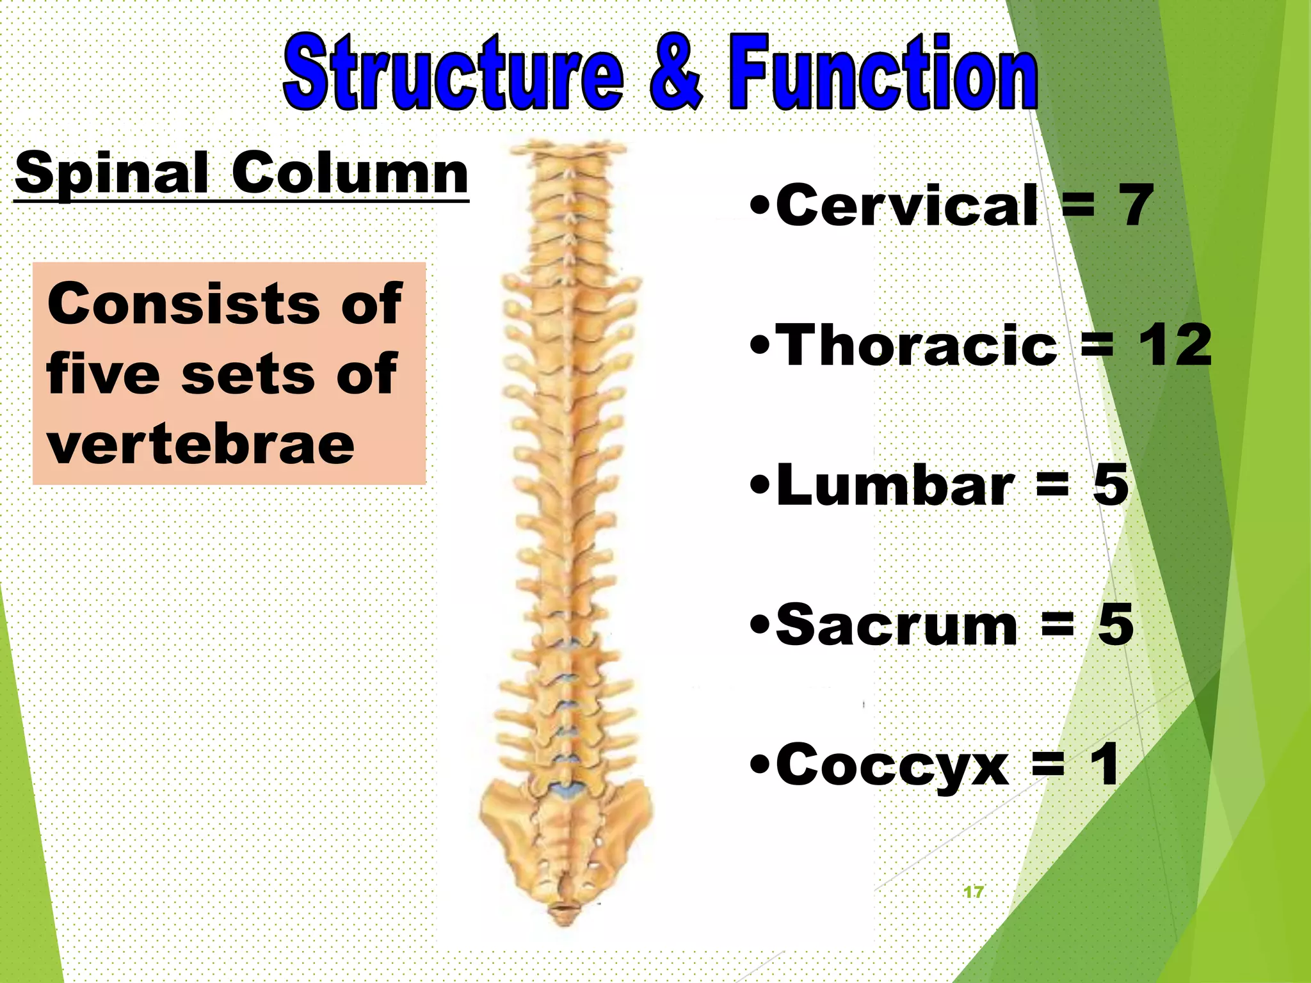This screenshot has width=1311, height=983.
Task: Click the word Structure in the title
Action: click(453, 74)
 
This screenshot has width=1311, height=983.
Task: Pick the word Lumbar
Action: click(895, 485)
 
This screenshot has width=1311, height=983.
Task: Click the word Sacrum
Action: click(896, 625)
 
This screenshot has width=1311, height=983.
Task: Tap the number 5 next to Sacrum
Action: click(1116, 625)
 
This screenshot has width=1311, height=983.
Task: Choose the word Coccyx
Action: click(892, 765)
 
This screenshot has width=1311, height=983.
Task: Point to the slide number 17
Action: click(973, 892)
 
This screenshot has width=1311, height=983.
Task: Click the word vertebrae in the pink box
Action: click(200, 445)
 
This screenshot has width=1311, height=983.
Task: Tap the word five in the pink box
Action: click(102, 374)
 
